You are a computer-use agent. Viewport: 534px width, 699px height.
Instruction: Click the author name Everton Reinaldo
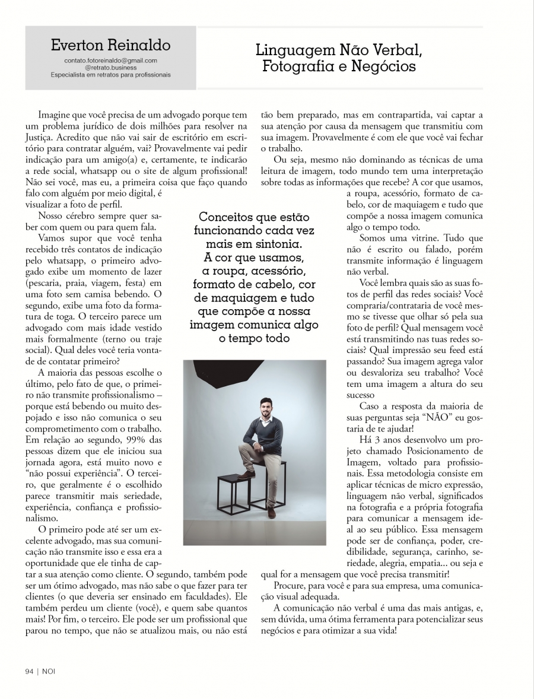pyautogui.click(x=111, y=45)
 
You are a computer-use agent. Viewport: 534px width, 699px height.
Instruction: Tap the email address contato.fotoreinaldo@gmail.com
pyautogui.click(x=111, y=61)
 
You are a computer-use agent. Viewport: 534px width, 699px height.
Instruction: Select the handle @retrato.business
pyautogui.click(x=111, y=68)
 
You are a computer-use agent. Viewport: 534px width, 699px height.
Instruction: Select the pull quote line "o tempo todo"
pyautogui.click(x=254, y=338)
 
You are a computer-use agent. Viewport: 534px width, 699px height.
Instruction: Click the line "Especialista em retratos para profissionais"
pyautogui.click(x=111, y=75)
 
